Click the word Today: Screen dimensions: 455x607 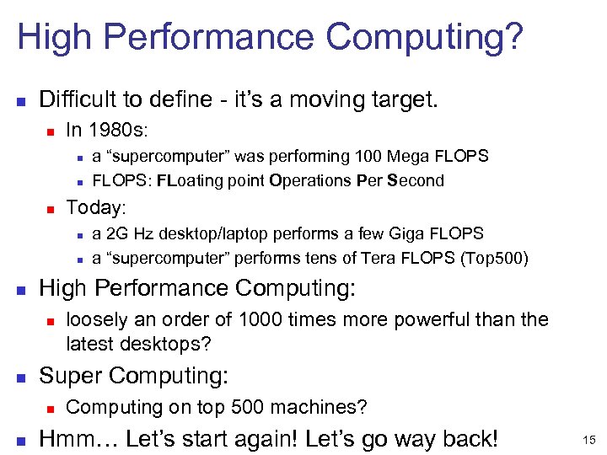pos(95,207)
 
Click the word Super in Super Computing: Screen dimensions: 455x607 pos(71,375)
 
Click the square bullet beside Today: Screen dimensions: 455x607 pos(50,208)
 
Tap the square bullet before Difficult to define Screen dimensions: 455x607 pos(23,101)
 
